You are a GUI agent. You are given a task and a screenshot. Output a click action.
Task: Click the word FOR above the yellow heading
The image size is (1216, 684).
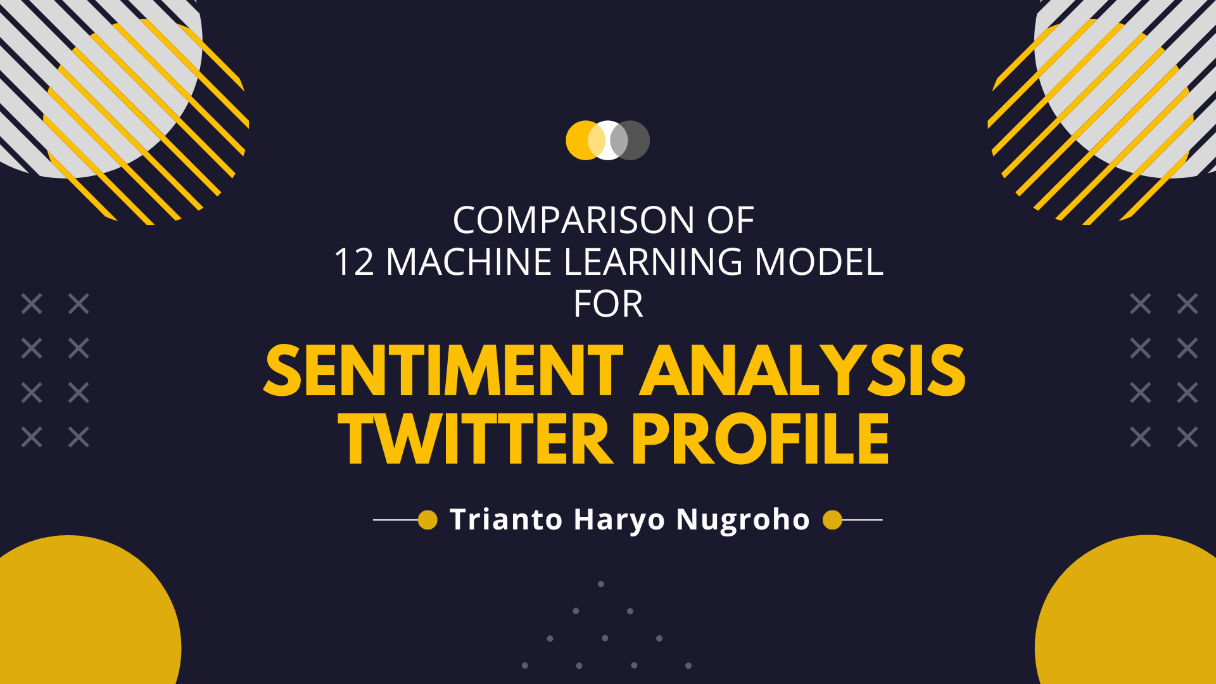[x=608, y=305]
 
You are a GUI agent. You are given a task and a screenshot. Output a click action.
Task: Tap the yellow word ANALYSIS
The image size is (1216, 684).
[x=802, y=372]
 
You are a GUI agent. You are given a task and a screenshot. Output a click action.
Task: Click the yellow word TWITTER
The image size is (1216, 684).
[x=475, y=440]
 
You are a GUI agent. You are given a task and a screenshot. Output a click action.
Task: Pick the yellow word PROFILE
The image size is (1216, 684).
[x=760, y=440]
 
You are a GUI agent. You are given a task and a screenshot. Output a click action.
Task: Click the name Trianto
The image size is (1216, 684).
[x=505, y=519]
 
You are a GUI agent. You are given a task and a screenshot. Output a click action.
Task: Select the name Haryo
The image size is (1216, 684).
[x=619, y=521]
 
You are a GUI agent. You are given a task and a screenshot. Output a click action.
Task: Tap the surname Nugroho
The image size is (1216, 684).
[x=743, y=521]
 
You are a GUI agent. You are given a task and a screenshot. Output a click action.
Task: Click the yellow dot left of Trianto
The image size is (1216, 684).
[x=428, y=520]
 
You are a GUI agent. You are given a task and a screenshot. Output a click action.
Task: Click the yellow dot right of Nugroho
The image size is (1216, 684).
[x=832, y=520]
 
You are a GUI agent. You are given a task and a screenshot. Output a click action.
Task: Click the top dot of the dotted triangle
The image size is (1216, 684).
[x=601, y=584]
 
